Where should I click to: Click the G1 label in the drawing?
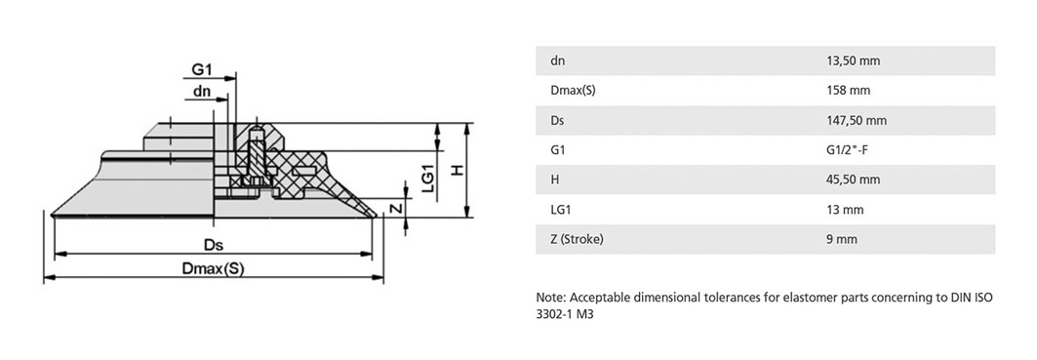click(x=202, y=69)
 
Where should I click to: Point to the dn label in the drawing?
click(x=202, y=92)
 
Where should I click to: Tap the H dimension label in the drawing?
click(x=457, y=170)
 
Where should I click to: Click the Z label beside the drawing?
click(x=395, y=209)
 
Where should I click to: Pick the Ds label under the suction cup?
click(x=213, y=245)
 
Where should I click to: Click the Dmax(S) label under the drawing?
click(x=213, y=268)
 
